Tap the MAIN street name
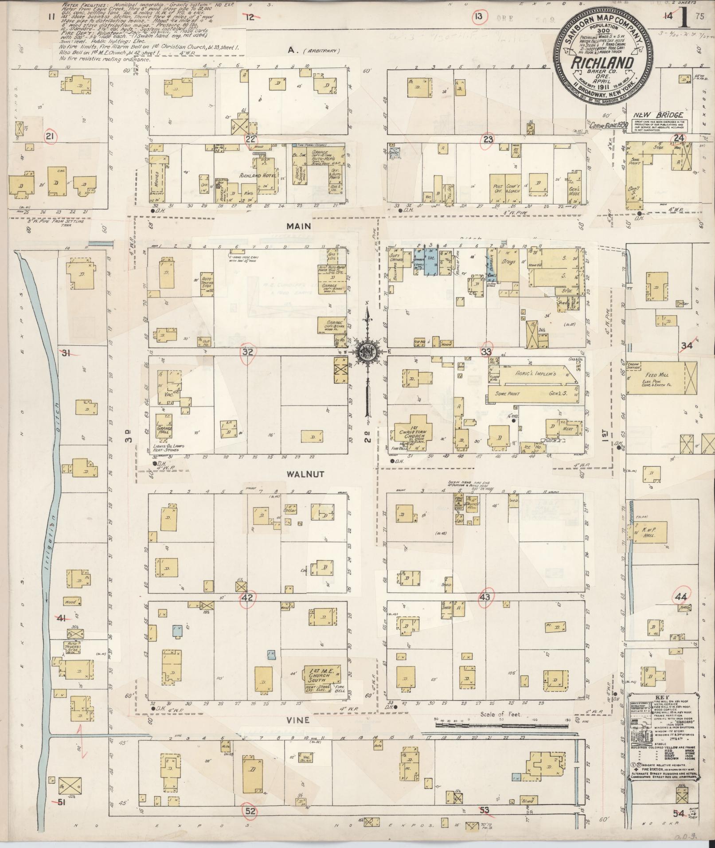pyautogui.click(x=299, y=226)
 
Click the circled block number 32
pyautogui.click(x=247, y=352)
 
